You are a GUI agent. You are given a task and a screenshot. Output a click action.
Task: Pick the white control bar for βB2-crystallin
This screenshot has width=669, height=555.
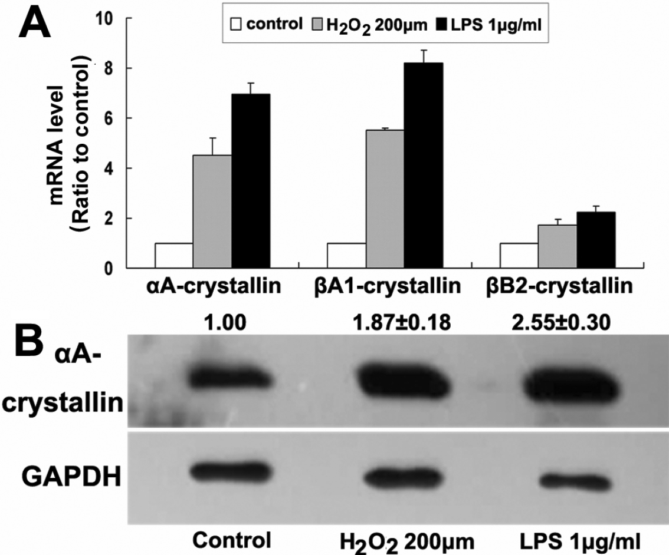pyautogui.click(x=519, y=256)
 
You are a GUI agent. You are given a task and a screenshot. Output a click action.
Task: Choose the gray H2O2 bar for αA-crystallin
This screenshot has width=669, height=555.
pyautogui.click(x=212, y=212)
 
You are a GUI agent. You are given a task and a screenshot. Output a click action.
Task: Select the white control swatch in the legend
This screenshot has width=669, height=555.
pyautogui.click(x=236, y=25)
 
